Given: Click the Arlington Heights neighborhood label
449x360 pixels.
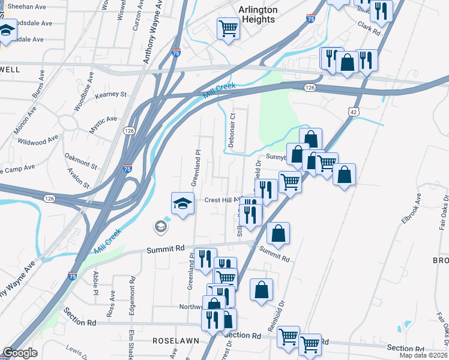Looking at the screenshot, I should pos(258,14).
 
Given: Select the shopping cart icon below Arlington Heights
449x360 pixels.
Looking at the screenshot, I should pos(228,28).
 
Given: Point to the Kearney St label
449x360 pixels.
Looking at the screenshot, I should pos(111,95).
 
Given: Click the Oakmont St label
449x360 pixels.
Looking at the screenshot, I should pos(80,160).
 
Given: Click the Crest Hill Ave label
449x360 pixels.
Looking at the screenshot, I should pos(222,200).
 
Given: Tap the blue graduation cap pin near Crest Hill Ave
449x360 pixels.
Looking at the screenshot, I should pos(182,203).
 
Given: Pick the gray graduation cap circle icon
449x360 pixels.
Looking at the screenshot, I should pos(160,226).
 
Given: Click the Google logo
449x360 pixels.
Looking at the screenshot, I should pos(20,353).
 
